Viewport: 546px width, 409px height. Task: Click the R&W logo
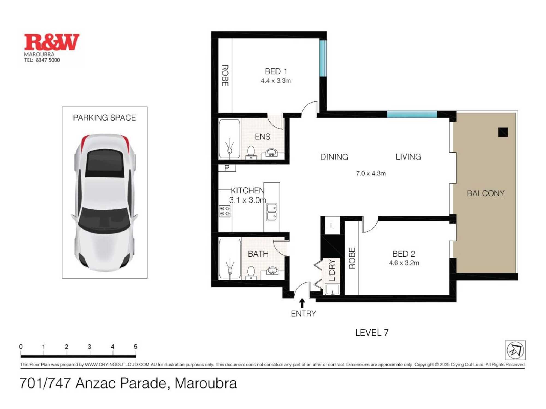[52, 42]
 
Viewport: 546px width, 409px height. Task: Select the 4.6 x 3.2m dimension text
[404, 263]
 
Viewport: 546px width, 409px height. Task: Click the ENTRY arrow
[302, 303]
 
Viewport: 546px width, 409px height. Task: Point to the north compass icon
[515, 350]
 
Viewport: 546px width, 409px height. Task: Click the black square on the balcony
[503, 132]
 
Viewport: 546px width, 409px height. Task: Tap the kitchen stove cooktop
[225, 211]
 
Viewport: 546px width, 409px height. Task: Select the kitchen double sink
[272, 212]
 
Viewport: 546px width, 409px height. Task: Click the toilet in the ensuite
[251, 152]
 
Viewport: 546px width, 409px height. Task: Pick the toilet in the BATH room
[251, 273]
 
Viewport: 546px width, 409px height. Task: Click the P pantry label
[227, 168]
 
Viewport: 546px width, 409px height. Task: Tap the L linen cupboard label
[332, 225]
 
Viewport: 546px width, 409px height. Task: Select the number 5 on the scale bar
[135, 347]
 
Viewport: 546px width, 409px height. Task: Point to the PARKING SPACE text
[104, 118]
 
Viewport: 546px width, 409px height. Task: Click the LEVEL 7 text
[372, 332]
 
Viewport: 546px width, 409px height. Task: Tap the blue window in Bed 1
[323, 58]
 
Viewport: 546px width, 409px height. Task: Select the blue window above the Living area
[412, 114]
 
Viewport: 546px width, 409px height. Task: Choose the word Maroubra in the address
[206, 383]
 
